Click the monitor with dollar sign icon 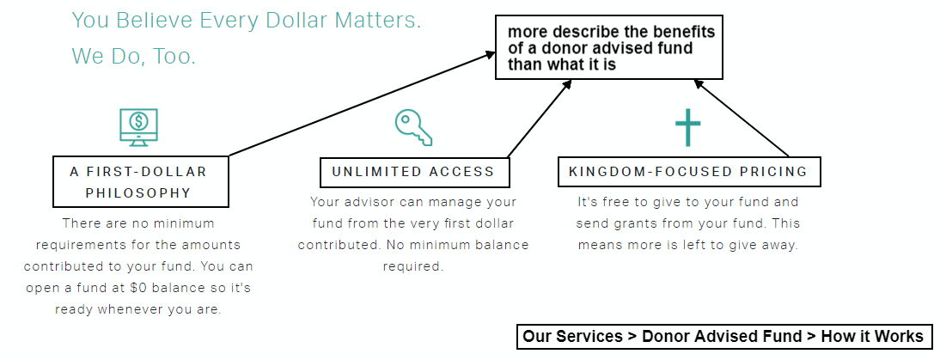click(138, 127)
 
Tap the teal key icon click(413, 127)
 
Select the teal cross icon click(687, 127)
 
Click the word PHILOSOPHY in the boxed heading click(138, 192)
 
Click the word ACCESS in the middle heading click(462, 172)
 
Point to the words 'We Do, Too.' click(134, 57)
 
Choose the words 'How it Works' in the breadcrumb click(872, 336)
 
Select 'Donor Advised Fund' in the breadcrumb click(722, 336)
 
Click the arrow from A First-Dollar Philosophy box click(362, 104)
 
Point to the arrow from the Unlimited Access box click(539, 119)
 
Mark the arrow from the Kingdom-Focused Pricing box click(741, 118)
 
